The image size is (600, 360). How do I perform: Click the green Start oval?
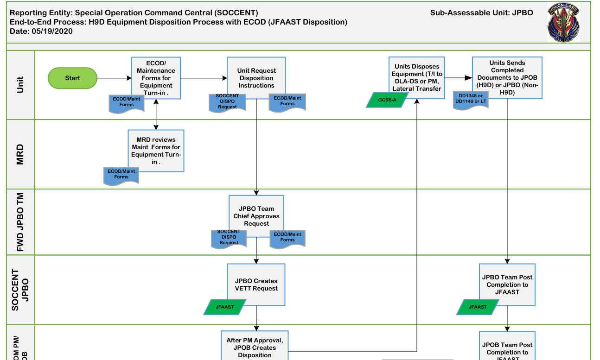[x=72, y=78]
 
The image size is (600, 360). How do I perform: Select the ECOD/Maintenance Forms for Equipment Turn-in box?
[x=156, y=78]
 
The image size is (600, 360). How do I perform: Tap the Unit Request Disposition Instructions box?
[x=256, y=78]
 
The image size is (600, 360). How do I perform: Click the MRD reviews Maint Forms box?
[x=156, y=151]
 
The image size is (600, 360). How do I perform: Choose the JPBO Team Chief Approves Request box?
[x=256, y=216]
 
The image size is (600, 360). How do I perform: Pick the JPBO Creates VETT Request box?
[x=256, y=284]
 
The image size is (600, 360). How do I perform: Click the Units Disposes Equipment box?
[x=417, y=78]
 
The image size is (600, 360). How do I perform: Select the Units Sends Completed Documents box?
[x=507, y=78]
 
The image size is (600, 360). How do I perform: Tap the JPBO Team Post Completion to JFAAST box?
[x=507, y=284]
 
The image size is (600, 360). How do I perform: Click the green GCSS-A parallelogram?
[x=387, y=100]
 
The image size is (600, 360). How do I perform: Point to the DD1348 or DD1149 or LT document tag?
[x=471, y=100]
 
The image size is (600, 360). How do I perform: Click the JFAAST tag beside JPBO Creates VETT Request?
[x=225, y=307]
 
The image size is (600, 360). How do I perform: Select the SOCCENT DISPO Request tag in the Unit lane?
[x=227, y=102]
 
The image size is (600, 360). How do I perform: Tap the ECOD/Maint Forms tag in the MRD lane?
[x=121, y=175]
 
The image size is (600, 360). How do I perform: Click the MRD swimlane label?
[x=20, y=154]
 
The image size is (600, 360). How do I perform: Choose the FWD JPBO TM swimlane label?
[x=20, y=222]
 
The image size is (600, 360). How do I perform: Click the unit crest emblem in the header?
[x=563, y=23]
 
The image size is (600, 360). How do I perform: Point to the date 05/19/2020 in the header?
[x=52, y=32]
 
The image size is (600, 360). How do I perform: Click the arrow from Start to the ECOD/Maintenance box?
[x=114, y=78]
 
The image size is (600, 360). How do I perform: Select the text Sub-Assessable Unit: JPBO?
[x=482, y=13]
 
